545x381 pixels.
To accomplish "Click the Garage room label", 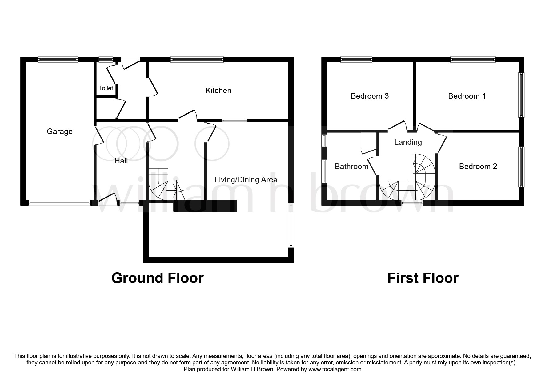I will pos(60,132).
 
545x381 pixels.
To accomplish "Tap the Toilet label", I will pos(106,88).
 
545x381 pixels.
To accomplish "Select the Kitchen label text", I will pos(218,91).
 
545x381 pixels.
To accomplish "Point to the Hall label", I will pos(121,161).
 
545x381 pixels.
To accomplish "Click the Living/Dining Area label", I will pos(246,180).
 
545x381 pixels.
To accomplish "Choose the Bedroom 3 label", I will pos(370,96).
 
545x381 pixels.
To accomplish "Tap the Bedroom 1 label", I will pos(467,96).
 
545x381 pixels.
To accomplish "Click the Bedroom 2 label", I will pos(478,167).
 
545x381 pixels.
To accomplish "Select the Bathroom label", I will pos(351,167).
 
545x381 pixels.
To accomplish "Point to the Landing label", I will pos(408,142).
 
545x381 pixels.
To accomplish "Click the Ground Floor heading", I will pos(157,278).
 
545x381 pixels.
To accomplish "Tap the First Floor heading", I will pos(423,278).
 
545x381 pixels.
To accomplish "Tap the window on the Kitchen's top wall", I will pos(197,59).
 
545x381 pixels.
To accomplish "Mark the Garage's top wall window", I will pos(58,59).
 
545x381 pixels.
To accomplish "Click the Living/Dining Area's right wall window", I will pos(291,225).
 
